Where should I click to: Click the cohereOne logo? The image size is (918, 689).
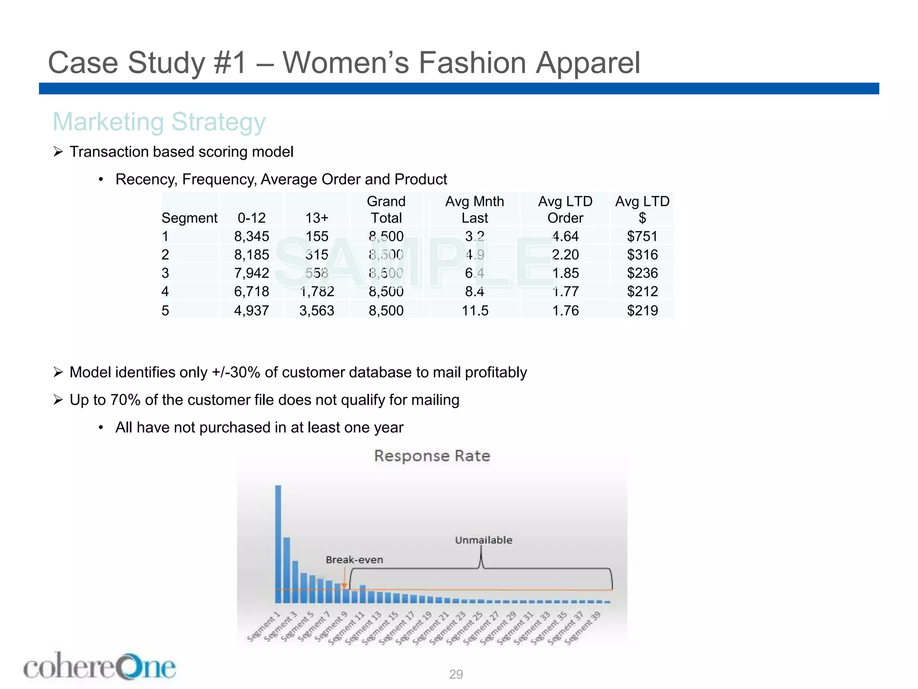coord(100,667)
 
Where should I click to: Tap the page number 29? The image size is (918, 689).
coord(456,674)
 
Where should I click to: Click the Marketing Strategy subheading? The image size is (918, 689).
coord(159,122)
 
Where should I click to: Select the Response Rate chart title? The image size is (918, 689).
coord(432,456)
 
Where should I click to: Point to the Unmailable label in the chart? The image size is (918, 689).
coord(483,540)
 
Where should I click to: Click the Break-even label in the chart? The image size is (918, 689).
coord(354,560)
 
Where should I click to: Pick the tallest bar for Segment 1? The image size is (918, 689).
coord(278,544)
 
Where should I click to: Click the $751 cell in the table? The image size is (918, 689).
coord(642,236)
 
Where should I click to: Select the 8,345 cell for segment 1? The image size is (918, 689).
coord(251,236)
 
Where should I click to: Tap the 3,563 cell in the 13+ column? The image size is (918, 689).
coord(316,310)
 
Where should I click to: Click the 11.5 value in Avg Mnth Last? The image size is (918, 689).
coord(475,310)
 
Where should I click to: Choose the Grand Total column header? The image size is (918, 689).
coord(386,210)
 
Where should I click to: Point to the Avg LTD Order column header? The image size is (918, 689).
coord(565,210)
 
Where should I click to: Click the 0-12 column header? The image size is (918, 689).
coord(251,218)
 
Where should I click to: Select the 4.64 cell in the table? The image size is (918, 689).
coord(565,236)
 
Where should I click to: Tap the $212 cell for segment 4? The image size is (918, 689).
coord(642,292)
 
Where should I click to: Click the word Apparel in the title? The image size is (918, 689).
coord(588,62)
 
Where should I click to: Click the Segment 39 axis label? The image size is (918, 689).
coord(583,628)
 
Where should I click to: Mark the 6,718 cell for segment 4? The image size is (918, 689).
coord(251,292)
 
